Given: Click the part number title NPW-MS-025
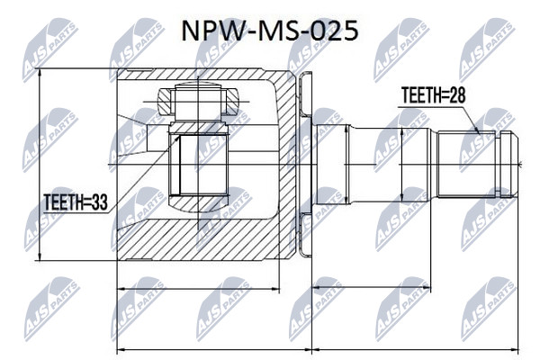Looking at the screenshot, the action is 270,31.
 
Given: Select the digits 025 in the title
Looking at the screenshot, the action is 334,31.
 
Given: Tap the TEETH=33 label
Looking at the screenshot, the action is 76,202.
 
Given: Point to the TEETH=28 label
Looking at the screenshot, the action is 434,95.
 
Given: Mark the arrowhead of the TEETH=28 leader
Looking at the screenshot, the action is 477,130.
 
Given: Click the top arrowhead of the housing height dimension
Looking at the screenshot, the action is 40,73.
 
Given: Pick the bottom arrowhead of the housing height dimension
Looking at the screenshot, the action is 40,256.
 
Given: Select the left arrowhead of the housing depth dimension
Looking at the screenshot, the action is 122,289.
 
